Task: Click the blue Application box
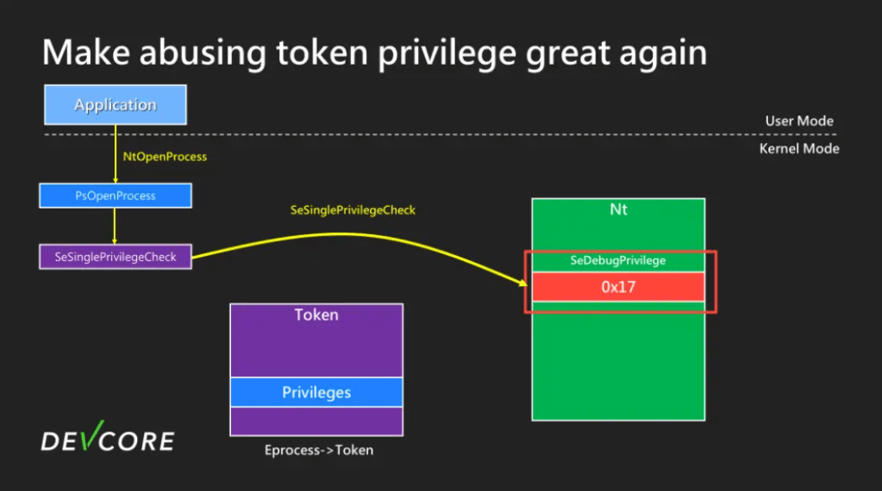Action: pyautogui.click(x=116, y=104)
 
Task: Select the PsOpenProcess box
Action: pyautogui.click(x=116, y=196)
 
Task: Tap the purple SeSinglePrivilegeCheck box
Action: pyautogui.click(x=116, y=257)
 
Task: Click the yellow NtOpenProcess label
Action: pyautogui.click(x=165, y=157)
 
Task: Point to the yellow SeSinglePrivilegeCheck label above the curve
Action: pyautogui.click(x=353, y=210)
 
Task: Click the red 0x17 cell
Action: pyautogui.click(x=618, y=287)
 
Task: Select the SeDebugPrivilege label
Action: pyautogui.click(x=618, y=260)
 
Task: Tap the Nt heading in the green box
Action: pyautogui.click(x=619, y=209)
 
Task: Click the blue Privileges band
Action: pyautogui.click(x=316, y=392)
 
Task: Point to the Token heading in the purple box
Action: pyautogui.click(x=316, y=314)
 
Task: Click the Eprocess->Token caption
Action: pyautogui.click(x=319, y=450)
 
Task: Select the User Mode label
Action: pyautogui.click(x=799, y=121)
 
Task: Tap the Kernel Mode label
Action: pyautogui.click(x=799, y=149)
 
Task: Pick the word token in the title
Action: pyautogui.click(x=322, y=53)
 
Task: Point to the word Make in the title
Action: pyautogui.click(x=86, y=53)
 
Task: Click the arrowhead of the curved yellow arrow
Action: pyautogui.click(x=523, y=283)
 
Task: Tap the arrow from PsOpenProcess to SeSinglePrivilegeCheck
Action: pyautogui.click(x=115, y=226)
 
